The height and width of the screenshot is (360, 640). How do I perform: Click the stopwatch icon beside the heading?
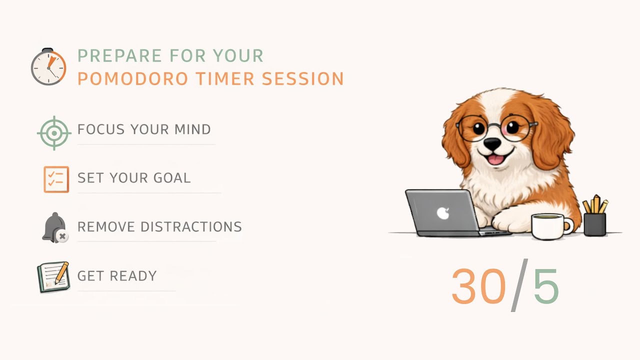tap(48, 67)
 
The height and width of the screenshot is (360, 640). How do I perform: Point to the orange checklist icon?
tap(56, 179)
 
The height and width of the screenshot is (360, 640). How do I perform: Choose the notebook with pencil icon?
tap(53, 277)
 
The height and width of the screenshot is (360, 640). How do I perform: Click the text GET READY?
tap(117, 276)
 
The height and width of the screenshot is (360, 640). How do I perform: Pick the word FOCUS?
tap(101, 129)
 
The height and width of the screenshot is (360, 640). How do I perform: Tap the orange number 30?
tap(478, 286)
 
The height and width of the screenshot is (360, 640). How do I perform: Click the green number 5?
tap(545, 286)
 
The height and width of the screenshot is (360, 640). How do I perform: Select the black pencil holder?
tap(595, 223)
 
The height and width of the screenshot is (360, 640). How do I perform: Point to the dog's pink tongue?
tap(495, 159)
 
